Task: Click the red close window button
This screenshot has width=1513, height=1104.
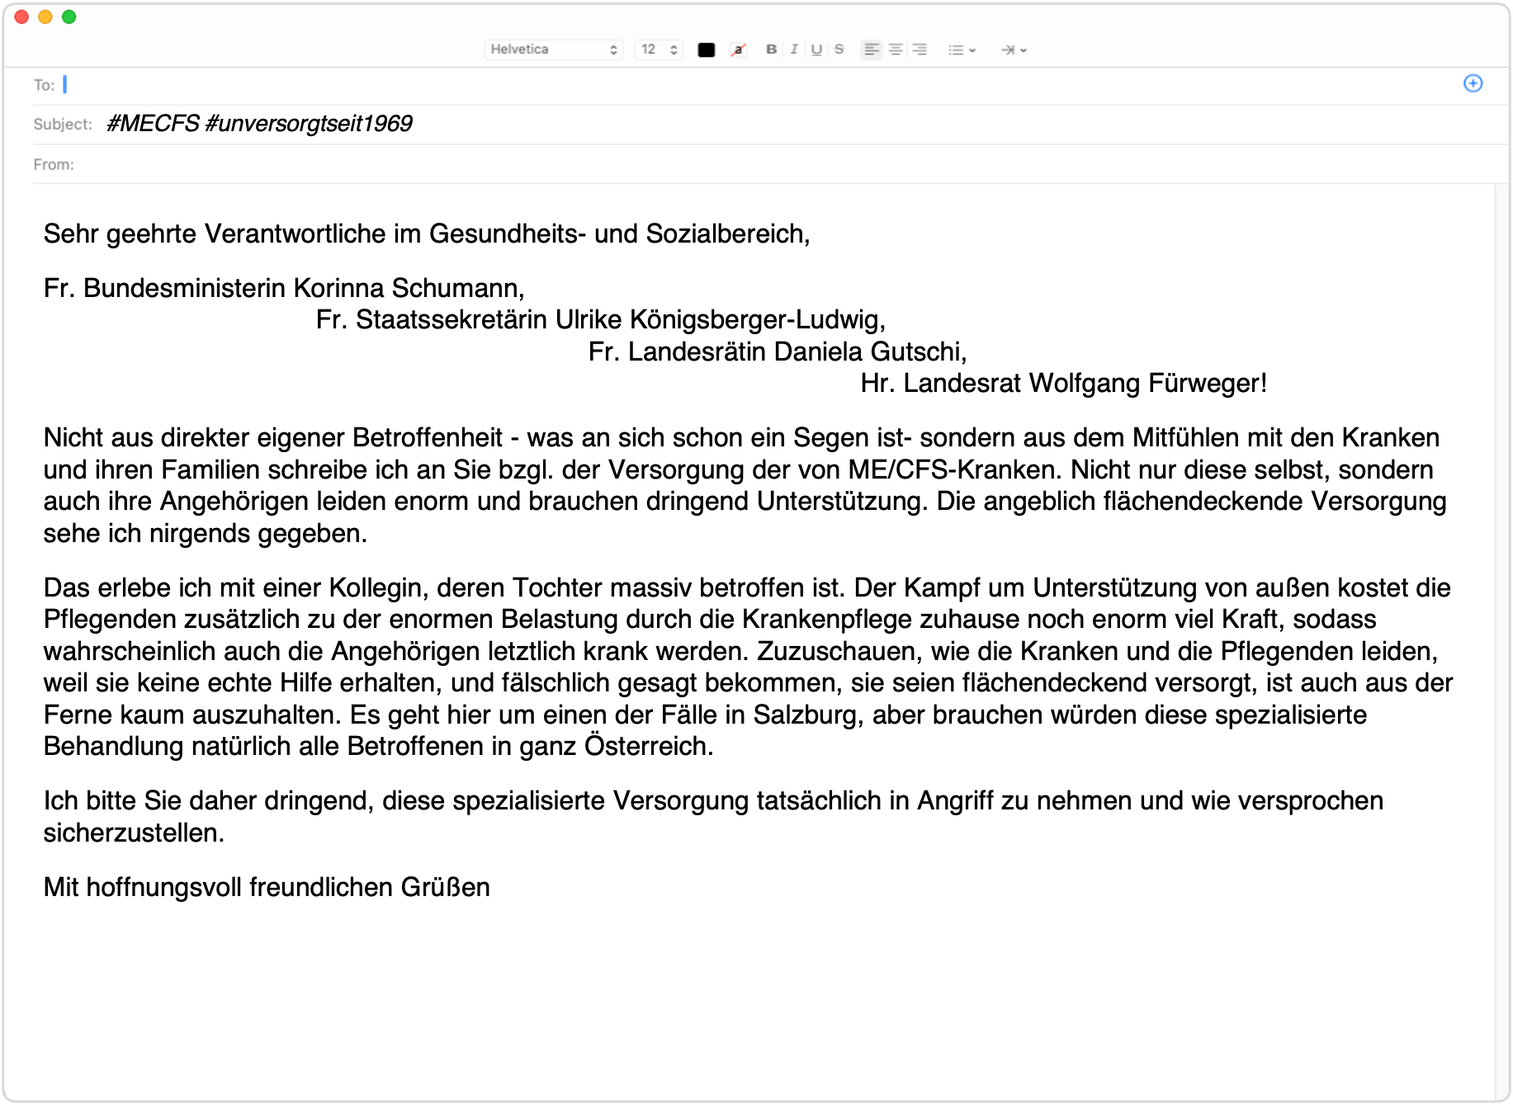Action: point(21,17)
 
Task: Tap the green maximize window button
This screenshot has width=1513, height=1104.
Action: point(69,17)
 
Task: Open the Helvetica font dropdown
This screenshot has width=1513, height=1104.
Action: point(553,50)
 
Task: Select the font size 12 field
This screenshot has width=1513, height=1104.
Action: point(659,50)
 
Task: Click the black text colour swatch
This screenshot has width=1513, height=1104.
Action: point(706,50)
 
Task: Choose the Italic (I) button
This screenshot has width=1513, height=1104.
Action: point(794,50)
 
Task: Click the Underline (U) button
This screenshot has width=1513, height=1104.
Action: point(816,50)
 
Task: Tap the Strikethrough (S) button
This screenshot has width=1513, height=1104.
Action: point(839,50)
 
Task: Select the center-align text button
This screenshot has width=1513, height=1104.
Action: point(895,50)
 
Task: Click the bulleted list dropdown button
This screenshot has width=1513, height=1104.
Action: point(962,50)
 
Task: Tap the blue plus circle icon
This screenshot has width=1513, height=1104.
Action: point(1473,83)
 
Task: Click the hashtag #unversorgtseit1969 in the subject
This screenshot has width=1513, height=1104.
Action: point(309,124)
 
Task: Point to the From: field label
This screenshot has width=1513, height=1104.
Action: point(54,164)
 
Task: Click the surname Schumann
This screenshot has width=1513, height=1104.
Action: point(457,288)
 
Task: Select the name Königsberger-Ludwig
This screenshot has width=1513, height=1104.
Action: point(758,320)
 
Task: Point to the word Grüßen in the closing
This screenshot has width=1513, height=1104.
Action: point(445,888)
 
